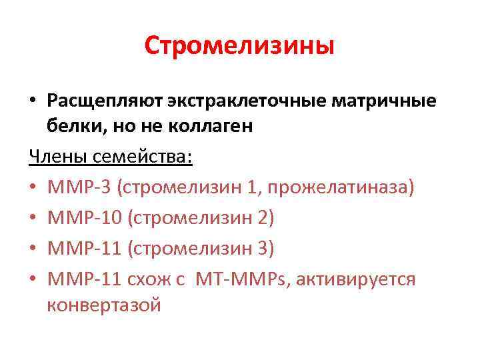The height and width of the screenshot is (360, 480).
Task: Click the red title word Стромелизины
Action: (x=239, y=46)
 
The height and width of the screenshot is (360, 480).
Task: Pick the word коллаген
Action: (x=213, y=127)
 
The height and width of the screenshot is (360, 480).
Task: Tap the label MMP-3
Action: (x=79, y=187)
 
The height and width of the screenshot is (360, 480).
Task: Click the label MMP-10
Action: (x=84, y=218)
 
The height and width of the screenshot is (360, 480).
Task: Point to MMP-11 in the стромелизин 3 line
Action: (x=84, y=248)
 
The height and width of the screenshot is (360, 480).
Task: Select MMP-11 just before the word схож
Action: (x=84, y=279)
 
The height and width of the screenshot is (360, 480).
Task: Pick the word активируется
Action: (x=359, y=279)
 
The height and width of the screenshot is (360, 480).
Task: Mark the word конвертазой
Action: (x=104, y=305)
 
